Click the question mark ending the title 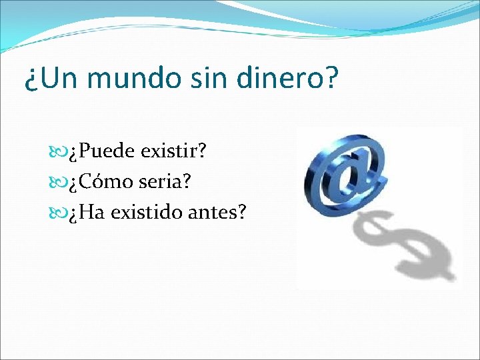coord(331,79)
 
